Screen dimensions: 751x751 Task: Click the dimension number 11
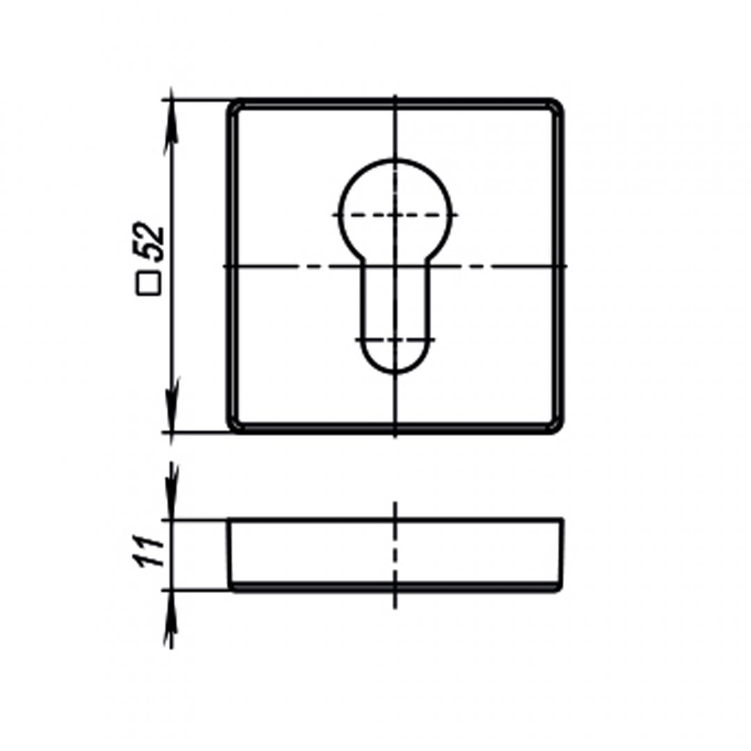[150, 551]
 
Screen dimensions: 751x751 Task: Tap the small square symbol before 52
[149, 284]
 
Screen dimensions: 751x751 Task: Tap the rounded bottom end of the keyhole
[396, 372]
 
